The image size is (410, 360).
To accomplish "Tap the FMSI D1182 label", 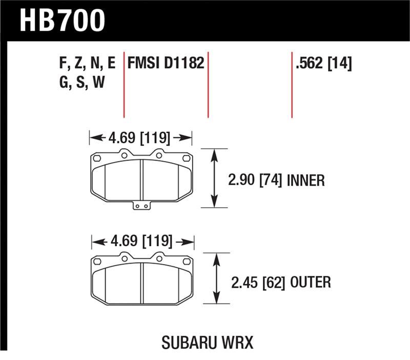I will tap(166, 64).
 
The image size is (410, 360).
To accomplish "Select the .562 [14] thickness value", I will tap(323, 64).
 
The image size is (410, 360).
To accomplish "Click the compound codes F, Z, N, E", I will tap(88, 64).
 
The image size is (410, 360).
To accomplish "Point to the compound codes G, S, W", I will tap(82, 82).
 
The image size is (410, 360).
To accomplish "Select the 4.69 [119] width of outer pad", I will tap(142, 241).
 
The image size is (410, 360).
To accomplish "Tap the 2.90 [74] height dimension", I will tap(254, 180).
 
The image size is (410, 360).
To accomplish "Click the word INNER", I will tap(306, 180).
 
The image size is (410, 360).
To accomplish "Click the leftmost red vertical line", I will tap(124, 87).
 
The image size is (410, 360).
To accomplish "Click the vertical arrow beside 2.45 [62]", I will tap(216, 279).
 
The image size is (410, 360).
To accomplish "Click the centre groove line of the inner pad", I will tap(141, 179).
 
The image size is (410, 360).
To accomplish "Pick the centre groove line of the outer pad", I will tap(142, 281).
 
